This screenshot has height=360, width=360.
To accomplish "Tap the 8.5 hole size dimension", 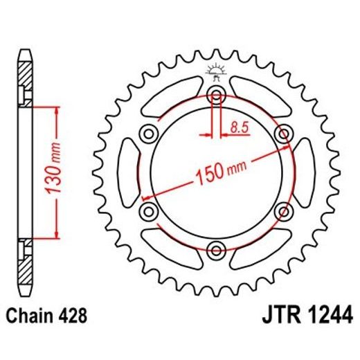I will point(237,127).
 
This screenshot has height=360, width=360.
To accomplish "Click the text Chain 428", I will point(46,316).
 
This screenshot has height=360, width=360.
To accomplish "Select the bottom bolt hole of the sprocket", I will point(216,249).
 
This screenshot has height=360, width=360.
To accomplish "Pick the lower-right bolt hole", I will point(282,210).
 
